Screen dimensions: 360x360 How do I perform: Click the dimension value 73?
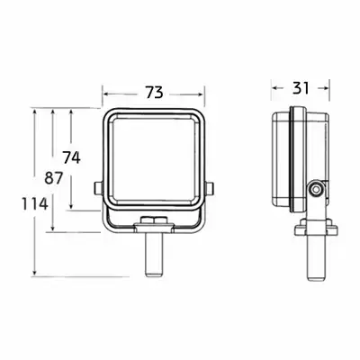coord(155,92)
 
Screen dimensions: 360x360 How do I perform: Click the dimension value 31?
coord(301,88)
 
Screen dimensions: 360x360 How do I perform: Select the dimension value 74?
coord(72,157)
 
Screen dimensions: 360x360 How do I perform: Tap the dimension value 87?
coord(54,178)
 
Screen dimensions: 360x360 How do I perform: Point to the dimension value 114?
coord(35,203)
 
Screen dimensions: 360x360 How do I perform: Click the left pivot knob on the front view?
coord(98,189)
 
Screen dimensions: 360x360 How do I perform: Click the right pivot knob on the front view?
coord(210,189)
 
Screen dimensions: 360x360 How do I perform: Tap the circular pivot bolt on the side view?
coord(315,190)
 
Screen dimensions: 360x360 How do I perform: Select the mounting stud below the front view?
coord(154,255)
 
